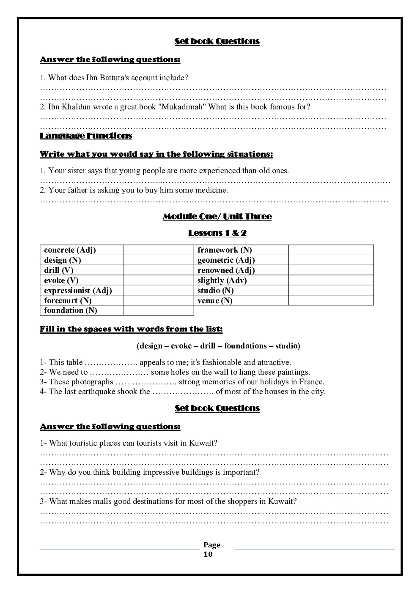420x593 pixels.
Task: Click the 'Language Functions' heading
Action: (x=86, y=136)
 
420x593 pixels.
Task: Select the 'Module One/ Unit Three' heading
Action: (x=217, y=216)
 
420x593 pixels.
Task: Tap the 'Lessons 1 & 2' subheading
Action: (x=217, y=233)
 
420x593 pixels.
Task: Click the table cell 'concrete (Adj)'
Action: (x=70, y=250)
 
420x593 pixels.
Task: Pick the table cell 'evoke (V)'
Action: (x=61, y=280)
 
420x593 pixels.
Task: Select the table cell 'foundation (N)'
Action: (x=71, y=310)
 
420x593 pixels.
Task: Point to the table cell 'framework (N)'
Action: (x=225, y=250)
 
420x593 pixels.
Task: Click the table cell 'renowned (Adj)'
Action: (x=226, y=270)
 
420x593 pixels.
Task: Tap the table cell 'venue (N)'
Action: (x=215, y=301)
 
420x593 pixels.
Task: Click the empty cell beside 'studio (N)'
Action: (x=331, y=291)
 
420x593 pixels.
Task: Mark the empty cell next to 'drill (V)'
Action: (x=159, y=270)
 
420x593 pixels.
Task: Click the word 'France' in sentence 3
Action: (x=311, y=382)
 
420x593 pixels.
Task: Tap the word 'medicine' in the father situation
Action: (x=212, y=190)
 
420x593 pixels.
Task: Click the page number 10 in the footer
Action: (x=208, y=554)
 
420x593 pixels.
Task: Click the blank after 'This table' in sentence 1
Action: (x=111, y=363)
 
